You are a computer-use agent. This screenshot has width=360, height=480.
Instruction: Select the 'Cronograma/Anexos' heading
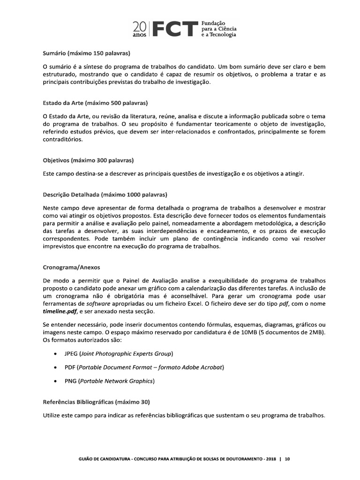71,268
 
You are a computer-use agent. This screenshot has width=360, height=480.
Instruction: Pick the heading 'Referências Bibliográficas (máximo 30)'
97,402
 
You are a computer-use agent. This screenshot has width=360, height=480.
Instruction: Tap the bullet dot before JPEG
56,353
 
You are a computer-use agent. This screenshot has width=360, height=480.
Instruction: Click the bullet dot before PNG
56,381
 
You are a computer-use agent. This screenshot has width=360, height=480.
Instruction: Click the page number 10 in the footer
287,459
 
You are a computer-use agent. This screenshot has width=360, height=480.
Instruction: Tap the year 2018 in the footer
271,459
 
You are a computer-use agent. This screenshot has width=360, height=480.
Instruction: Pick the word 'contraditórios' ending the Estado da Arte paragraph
62,140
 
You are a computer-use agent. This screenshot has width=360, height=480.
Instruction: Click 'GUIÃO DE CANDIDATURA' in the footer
97,459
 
